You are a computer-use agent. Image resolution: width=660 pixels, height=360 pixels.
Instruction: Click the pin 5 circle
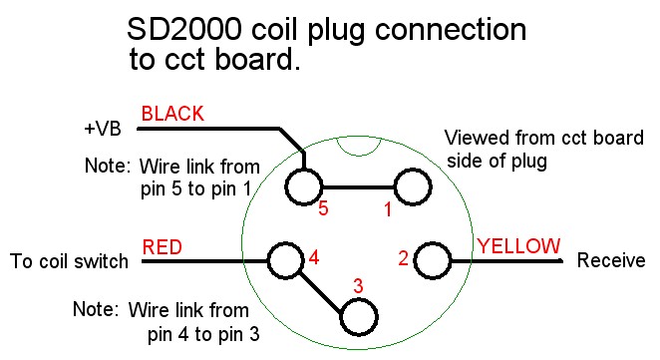coord(285,187)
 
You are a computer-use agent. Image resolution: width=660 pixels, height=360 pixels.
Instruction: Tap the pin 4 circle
coord(268,260)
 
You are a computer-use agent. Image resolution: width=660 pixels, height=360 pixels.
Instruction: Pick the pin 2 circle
coord(415,260)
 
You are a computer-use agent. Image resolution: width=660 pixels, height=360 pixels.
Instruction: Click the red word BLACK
coord(172,114)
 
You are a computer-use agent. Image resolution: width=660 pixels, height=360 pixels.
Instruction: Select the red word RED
coord(163,247)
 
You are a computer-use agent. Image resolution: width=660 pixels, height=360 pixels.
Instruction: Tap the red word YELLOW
coord(518,246)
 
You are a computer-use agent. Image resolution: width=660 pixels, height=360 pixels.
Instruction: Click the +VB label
coord(103,129)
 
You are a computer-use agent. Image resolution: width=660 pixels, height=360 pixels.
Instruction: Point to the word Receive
coord(611,260)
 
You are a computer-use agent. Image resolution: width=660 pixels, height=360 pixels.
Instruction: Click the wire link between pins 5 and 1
coord(358,187)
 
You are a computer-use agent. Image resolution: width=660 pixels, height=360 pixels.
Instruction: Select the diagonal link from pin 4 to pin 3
coord(320,292)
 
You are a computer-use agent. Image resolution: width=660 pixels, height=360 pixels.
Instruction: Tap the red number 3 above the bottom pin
coord(358,286)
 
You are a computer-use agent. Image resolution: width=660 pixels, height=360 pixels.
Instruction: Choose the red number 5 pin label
coord(323,208)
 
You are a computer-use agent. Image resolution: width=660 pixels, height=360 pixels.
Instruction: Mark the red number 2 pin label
coord(403,258)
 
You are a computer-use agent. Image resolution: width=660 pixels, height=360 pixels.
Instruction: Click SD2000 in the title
coord(184,29)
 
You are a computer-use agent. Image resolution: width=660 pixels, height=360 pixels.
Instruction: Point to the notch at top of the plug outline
coord(358,155)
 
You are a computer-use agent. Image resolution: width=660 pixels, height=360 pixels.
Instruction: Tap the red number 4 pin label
coord(314,257)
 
